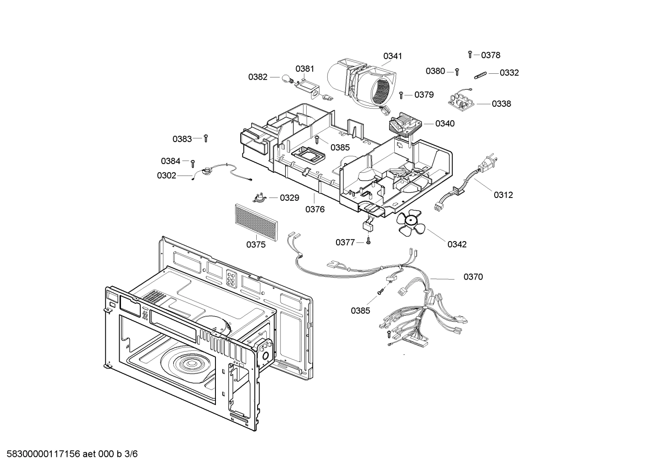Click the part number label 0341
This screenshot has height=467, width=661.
click(392, 56)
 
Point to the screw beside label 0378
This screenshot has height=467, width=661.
click(470, 55)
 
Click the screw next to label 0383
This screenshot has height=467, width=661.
click(206, 138)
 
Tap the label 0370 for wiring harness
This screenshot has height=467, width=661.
click(473, 277)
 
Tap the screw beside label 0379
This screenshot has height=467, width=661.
click(401, 94)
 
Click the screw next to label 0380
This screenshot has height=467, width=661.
click(457, 71)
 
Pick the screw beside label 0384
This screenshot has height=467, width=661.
click(193, 162)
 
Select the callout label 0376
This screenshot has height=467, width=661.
click(315, 209)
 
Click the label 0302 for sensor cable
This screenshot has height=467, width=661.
click(166, 176)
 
